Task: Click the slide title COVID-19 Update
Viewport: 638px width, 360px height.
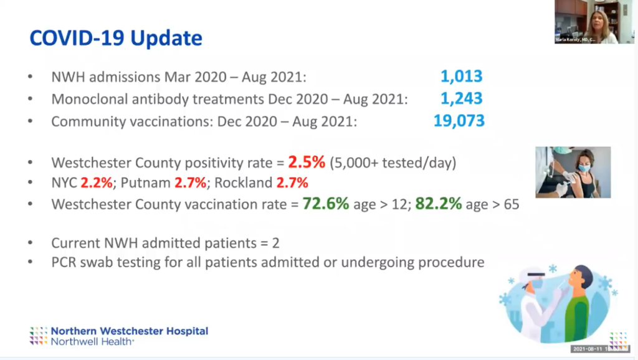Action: click(116, 38)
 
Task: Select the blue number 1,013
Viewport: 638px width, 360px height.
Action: click(461, 77)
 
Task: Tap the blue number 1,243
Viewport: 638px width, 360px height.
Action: click(461, 99)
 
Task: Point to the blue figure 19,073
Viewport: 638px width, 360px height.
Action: click(459, 121)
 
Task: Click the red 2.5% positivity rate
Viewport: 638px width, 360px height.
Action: click(307, 163)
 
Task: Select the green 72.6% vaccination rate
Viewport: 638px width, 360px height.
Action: click(325, 204)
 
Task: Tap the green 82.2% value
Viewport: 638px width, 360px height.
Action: click(438, 204)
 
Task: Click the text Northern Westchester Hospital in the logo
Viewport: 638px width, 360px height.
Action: click(130, 331)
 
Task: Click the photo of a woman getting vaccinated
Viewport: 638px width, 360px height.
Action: click(573, 172)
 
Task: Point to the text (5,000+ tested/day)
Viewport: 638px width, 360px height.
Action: click(394, 163)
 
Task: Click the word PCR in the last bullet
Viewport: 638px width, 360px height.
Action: click(65, 262)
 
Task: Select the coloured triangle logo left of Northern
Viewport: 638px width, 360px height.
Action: click(39, 335)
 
